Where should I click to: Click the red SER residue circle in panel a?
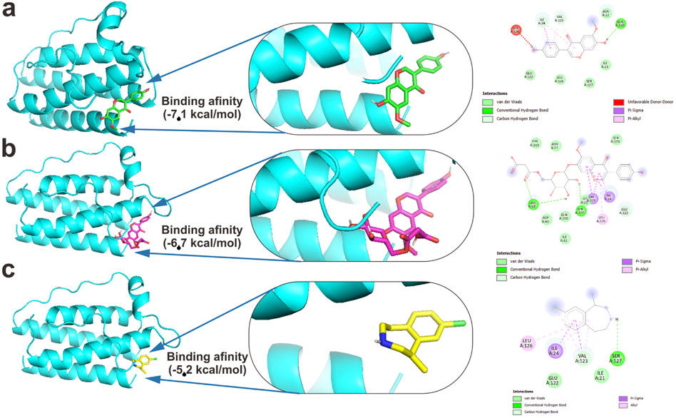click(516, 29)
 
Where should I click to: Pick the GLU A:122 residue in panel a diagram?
click(530, 74)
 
